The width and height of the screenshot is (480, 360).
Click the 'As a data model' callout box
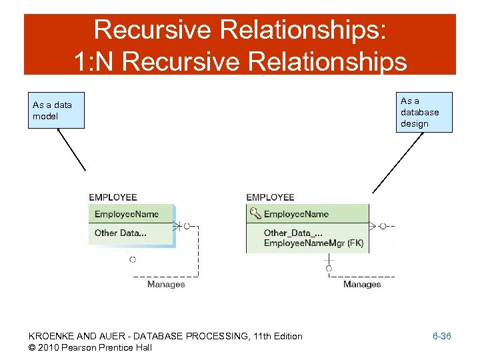pos(56,110)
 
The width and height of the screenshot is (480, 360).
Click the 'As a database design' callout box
pos(424,112)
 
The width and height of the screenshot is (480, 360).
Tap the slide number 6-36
pos(441,336)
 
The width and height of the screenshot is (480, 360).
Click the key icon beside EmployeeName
pos(255,214)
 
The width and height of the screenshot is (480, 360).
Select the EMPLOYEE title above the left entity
pos(113,197)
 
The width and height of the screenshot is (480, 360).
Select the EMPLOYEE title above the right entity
pos(270,197)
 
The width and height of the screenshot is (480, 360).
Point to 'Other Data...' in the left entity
pos(121,233)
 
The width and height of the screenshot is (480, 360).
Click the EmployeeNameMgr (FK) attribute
pos(313,243)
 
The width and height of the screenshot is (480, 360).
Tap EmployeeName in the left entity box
pos(127,214)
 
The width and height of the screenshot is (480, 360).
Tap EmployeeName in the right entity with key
pos(296,214)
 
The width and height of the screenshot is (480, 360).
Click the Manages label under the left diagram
pos(166,285)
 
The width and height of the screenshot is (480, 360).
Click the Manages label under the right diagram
pos(362,285)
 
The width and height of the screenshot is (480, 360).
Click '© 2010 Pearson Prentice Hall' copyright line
pos(90,347)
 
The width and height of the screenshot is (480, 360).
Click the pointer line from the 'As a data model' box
pos(71,149)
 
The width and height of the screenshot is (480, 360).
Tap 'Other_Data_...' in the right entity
pos(294,233)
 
